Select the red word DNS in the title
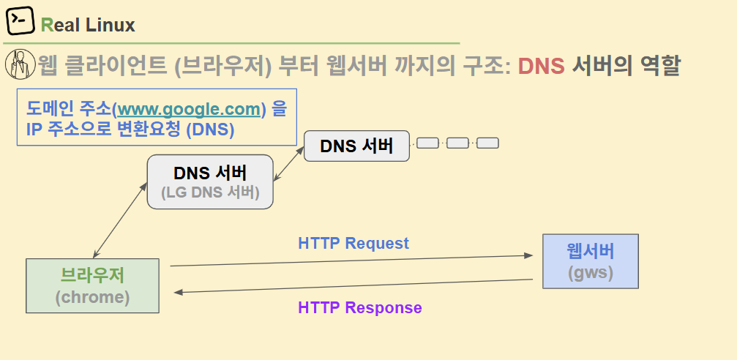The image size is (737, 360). click(x=541, y=67)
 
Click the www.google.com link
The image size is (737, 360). click(x=189, y=110)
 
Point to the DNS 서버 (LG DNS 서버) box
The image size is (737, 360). click(x=209, y=182)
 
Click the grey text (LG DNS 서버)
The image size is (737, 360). click(x=209, y=193)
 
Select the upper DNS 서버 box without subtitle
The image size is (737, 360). click(x=356, y=146)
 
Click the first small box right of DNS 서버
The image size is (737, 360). click(x=427, y=143)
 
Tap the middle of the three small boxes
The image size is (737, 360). click(x=457, y=143)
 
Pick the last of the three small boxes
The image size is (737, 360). click(x=487, y=143)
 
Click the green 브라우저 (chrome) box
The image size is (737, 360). click(x=92, y=285)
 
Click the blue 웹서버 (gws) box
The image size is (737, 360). click(x=590, y=261)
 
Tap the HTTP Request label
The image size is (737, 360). click(x=353, y=243)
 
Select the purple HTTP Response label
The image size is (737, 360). click(x=359, y=307)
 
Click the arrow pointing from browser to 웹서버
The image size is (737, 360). click(x=351, y=260)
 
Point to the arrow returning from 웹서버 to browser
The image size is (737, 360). click(x=351, y=286)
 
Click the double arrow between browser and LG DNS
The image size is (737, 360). click(x=119, y=220)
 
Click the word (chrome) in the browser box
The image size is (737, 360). click(x=92, y=298)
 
